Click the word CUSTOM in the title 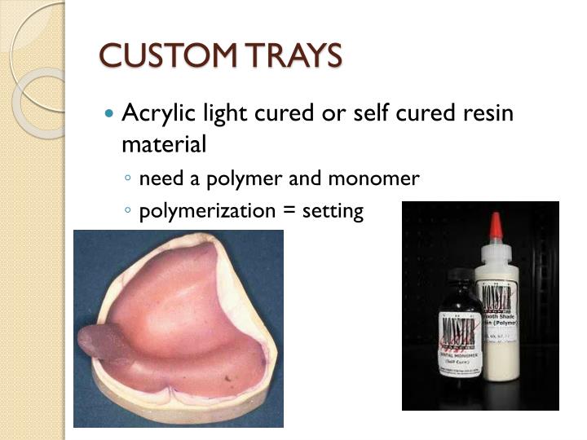click(155, 55)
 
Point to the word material click(164, 144)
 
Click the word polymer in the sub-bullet click(248, 178)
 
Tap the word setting click(332, 211)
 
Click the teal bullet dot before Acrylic click(112, 113)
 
